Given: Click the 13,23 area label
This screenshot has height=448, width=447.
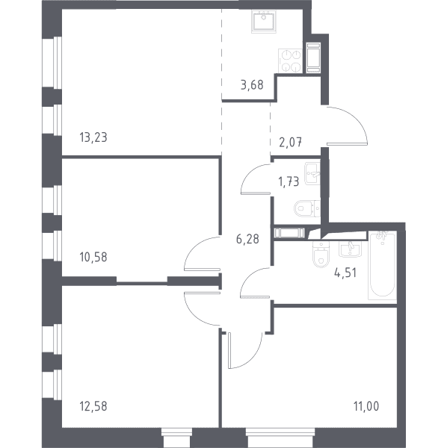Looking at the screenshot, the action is (93, 137).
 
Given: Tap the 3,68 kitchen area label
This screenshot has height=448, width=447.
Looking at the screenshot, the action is (252, 85).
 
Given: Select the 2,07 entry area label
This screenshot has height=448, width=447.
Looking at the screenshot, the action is (291, 142).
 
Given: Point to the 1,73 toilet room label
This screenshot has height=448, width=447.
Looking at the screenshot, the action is (289, 181).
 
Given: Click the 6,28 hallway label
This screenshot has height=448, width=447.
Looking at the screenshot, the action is (247, 239).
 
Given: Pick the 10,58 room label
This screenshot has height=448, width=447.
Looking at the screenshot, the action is (93, 257).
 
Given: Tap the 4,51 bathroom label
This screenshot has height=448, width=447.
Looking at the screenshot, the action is (345, 273).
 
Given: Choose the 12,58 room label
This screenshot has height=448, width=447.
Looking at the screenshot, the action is (93, 406).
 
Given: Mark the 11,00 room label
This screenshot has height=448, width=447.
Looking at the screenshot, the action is (366, 406).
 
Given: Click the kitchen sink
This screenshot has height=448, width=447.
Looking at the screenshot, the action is (264, 21).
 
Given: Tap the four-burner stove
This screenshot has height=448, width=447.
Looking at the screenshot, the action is (290, 60).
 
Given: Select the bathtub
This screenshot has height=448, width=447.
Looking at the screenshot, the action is (383, 266).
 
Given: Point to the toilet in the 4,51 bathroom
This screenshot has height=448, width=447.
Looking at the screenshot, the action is (321, 255).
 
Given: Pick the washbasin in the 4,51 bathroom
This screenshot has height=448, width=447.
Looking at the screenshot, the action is (350, 249).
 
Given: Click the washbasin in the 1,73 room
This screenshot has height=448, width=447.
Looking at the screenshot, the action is (312, 173).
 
